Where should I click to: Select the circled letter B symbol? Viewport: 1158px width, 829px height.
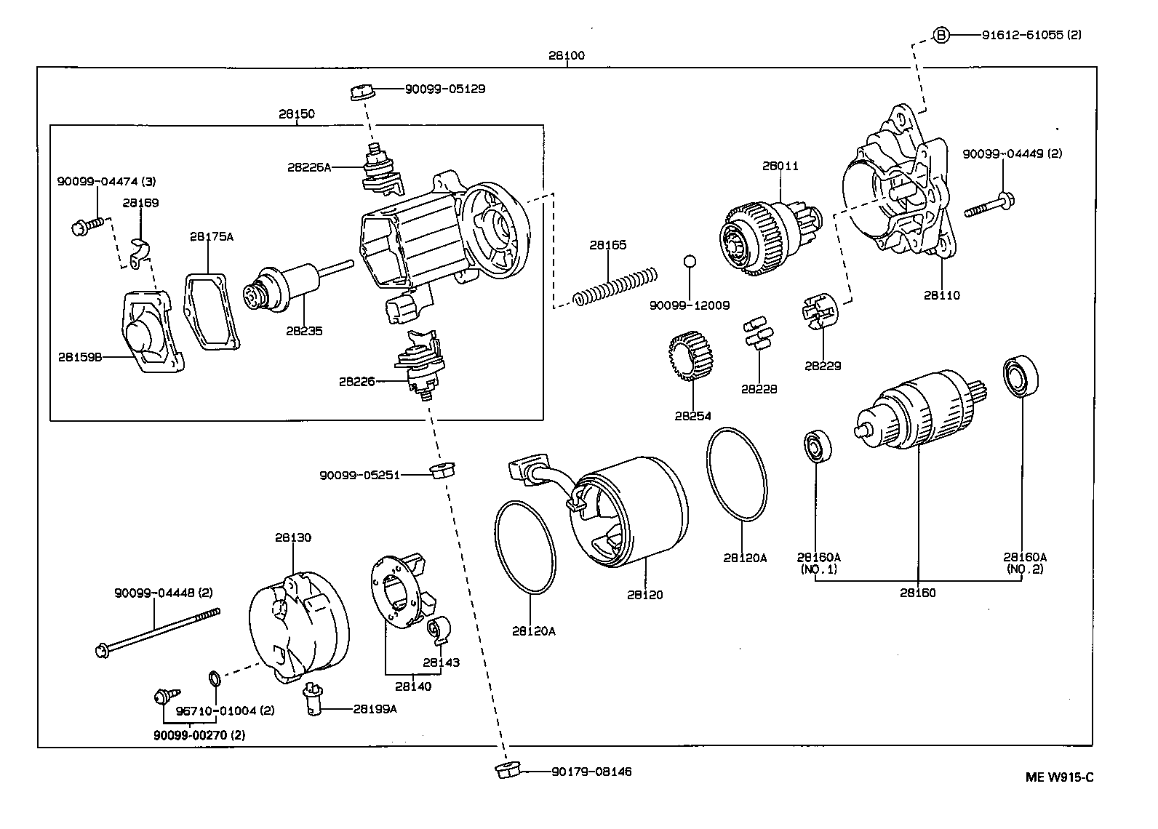tap(941, 35)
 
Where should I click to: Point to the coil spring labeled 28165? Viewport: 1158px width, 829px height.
tap(615, 286)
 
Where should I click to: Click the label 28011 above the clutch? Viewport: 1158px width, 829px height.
tap(780, 166)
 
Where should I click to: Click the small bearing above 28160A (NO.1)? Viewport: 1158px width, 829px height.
tap(818, 446)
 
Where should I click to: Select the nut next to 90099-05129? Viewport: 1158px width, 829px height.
tap(362, 92)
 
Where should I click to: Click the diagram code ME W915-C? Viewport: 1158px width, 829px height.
tap(1059, 777)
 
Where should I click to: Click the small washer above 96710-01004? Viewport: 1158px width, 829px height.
tap(215, 679)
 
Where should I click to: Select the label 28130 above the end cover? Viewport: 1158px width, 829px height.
tap(292, 537)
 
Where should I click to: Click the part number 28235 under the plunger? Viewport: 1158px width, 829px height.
tap(304, 331)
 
